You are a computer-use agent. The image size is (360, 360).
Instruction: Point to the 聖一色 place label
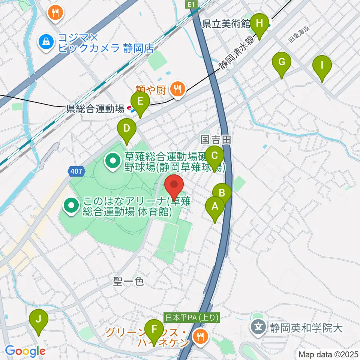pos(129,282)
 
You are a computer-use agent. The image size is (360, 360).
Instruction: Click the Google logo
pos(25,351)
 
